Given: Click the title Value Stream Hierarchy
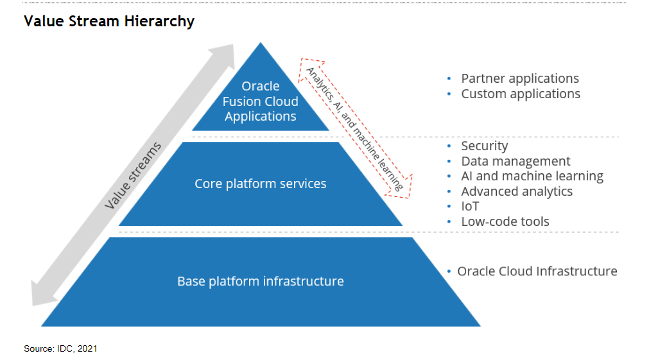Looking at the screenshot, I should [108, 21].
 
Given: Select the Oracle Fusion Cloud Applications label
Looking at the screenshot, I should [261, 101].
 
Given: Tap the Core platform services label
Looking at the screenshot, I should [261, 184].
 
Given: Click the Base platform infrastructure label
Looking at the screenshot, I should [261, 281].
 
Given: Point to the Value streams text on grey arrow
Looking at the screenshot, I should [134, 176].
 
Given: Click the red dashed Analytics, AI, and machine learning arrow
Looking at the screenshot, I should [355, 127].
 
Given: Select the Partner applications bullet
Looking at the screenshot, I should [519, 78].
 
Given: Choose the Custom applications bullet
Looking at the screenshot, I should [520, 94].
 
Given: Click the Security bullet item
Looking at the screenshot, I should [484, 146].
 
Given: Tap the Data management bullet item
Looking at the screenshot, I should [515, 161].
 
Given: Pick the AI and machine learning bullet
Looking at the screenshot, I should [532, 176].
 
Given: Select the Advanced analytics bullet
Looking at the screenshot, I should [516, 191].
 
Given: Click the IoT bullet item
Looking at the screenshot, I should [470, 206].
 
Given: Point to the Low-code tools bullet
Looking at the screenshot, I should [505, 221].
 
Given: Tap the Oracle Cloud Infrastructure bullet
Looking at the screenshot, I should [537, 271].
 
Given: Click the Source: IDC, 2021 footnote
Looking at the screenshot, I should [60, 348].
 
